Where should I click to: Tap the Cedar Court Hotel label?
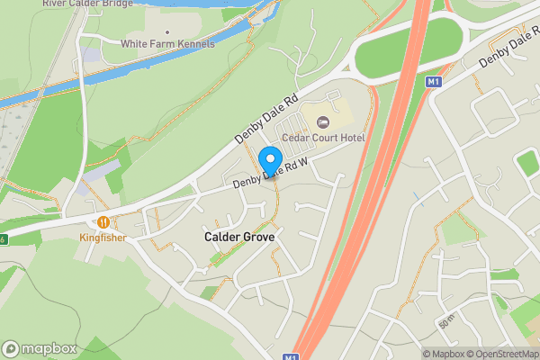[323, 138]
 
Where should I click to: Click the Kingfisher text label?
[102, 238]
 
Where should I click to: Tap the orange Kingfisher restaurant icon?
[103, 222]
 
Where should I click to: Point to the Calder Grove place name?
[238, 236]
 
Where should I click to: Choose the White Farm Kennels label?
[167, 44]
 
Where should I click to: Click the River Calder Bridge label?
[86, 4]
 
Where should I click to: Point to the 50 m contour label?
[447, 322]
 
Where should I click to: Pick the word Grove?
[257, 236]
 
